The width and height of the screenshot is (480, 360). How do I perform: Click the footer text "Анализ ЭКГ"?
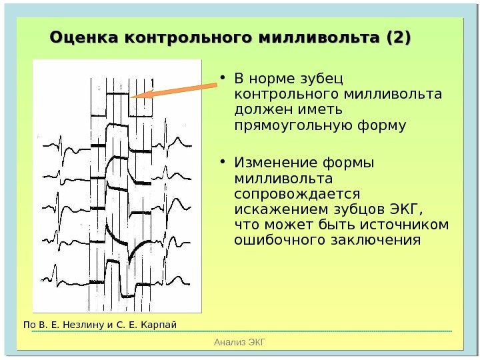click(240, 343)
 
